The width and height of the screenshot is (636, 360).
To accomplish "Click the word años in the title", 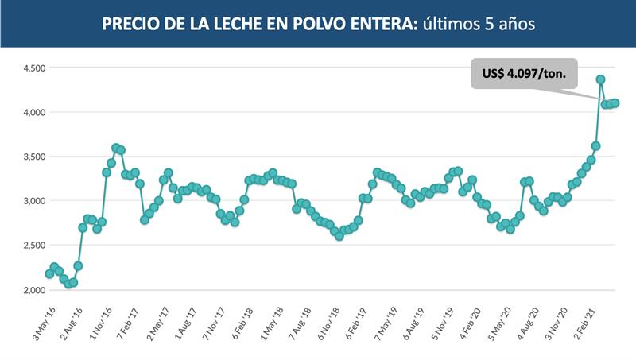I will [x=514, y=25].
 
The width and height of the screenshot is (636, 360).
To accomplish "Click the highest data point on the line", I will [x=601, y=79].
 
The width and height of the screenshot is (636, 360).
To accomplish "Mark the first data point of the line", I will [x=49, y=273].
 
